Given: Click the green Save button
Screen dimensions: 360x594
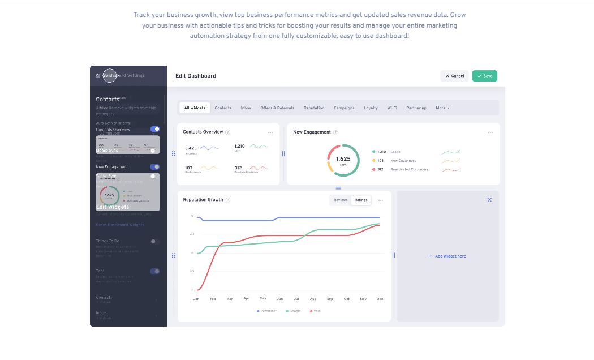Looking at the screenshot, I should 485,76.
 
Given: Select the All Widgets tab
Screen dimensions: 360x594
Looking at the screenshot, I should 195,108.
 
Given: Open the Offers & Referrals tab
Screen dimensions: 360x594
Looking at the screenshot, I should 277,108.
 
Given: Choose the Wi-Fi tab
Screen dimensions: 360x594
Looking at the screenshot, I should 392,108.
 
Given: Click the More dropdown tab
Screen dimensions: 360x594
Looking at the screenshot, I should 442,108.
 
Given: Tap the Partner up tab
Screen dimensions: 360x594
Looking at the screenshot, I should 416,108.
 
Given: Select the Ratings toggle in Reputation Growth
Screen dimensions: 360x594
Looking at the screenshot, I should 361,200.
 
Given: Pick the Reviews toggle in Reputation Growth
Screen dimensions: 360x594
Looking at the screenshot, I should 341,200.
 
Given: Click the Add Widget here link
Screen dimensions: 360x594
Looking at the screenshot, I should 447,256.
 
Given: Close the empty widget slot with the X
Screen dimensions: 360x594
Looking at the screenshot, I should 490,200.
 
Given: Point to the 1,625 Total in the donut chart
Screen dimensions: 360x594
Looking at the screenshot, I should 343,160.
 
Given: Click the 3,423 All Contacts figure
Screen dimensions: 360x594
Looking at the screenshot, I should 191,149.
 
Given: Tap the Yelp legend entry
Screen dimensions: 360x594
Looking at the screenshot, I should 315,311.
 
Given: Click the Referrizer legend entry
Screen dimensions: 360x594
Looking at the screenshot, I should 267,311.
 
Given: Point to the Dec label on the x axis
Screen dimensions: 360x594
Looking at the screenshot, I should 380,299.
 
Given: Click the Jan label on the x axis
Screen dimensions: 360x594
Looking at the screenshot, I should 196,299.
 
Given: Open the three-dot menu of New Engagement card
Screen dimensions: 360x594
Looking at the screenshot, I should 490,132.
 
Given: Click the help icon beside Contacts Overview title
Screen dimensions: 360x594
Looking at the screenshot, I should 228,132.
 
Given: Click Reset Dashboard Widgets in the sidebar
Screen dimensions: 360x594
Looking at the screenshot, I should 120,225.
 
